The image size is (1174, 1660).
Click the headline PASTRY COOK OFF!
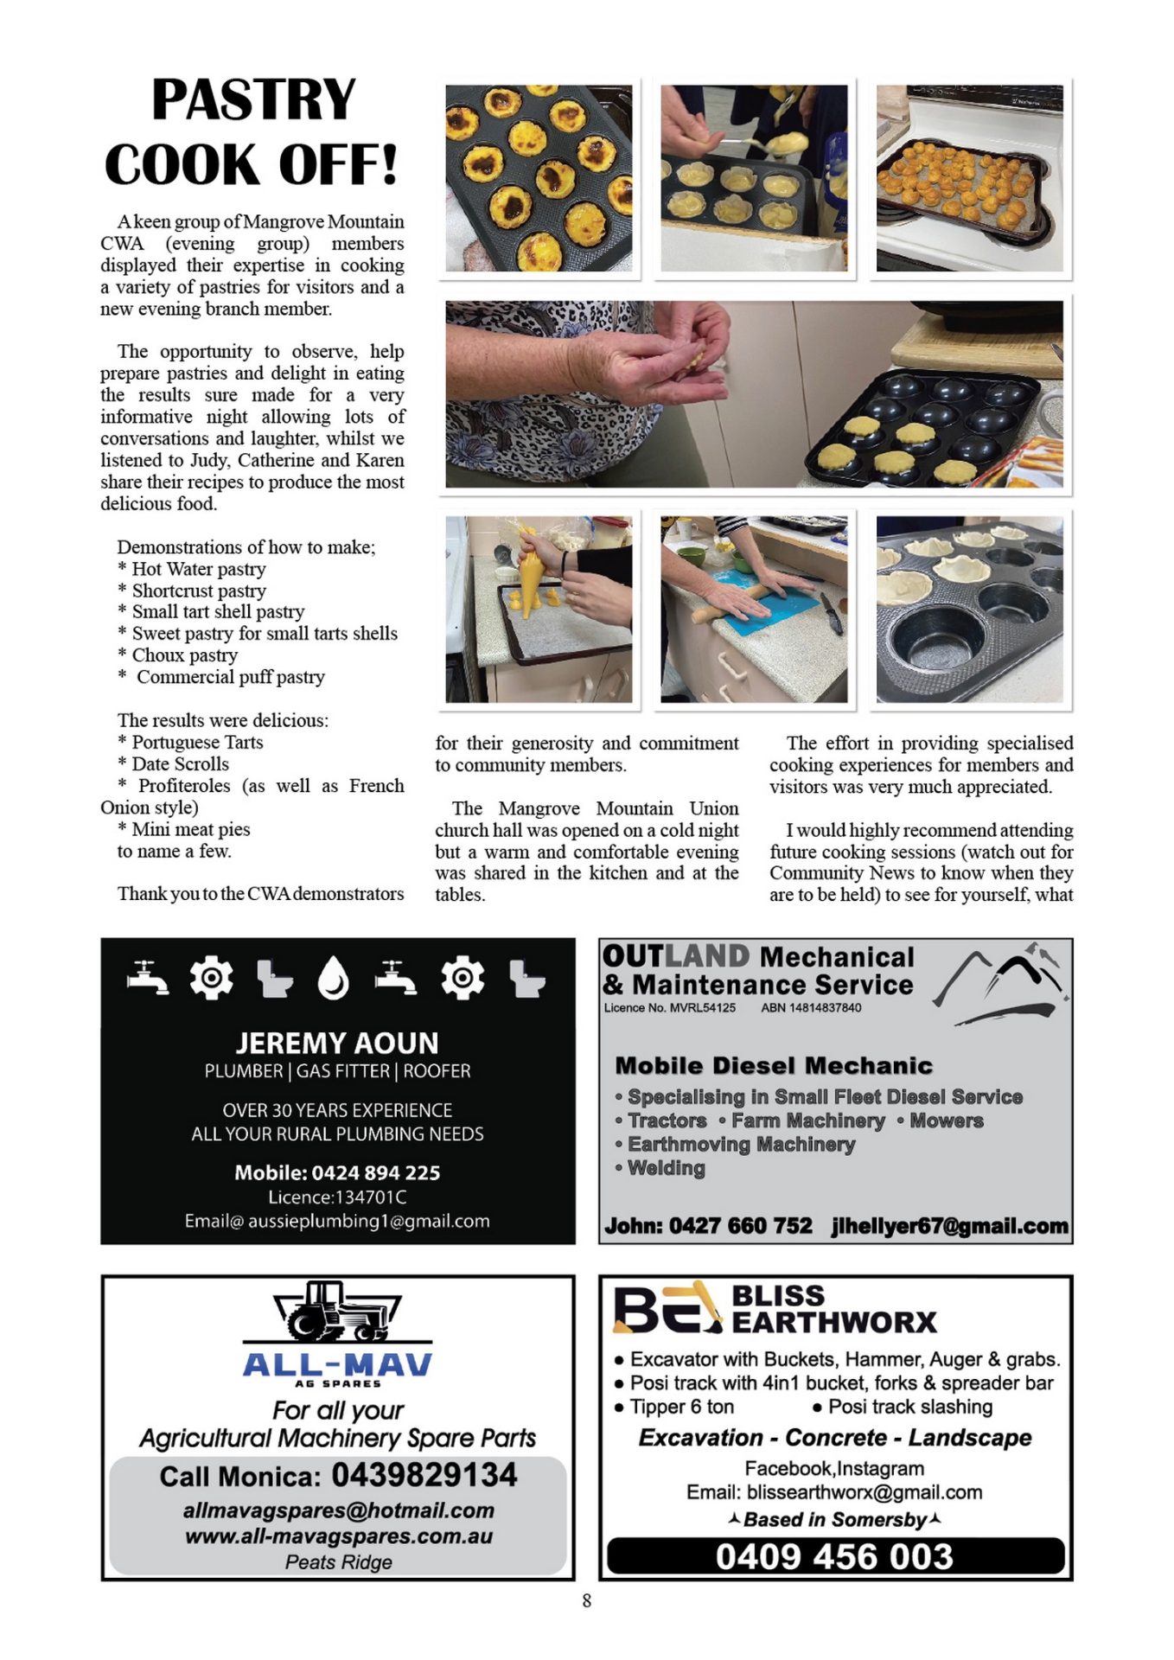tap(252, 131)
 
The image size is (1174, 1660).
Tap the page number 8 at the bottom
tap(587, 1601)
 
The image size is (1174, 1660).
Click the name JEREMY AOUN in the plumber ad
tap(337, 1043)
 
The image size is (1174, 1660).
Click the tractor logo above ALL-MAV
tap(337, 1311)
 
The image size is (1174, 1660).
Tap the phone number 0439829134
tap(424, 1475)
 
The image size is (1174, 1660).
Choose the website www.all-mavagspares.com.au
tap(338, 1536)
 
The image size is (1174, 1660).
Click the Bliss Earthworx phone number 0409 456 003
tap(834, 1557)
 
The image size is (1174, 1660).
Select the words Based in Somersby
tap(834, 1520)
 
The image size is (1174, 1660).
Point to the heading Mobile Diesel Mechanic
tap(774, 1066)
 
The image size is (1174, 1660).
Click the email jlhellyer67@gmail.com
tap(949, 1226)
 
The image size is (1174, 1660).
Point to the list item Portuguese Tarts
tap(197, 743)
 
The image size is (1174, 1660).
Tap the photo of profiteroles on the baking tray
tap(969, 179)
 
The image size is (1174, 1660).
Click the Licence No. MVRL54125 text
tap(669, 1008)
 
